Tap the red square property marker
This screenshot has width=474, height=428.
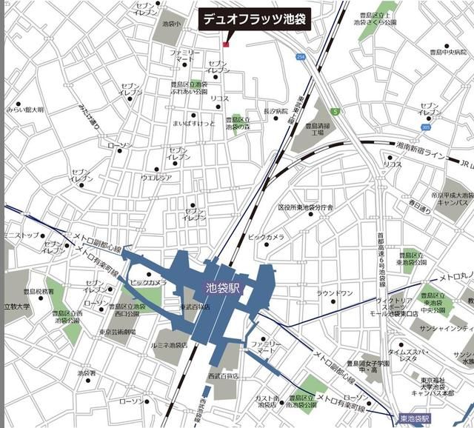[226, 44]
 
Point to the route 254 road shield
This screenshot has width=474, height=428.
[299, 57]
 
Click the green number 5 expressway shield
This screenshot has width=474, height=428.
[335, 112]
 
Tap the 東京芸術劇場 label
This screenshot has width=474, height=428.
[117, 332]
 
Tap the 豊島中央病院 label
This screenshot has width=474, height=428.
[444, 52]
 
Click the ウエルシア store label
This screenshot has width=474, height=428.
[156, 178]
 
